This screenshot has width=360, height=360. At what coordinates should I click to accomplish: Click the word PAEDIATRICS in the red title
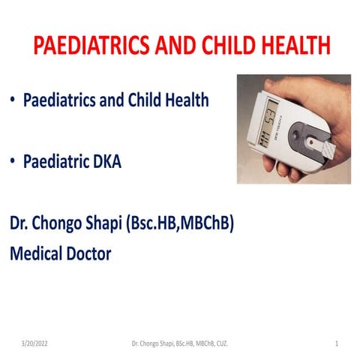click(x=84, y=46)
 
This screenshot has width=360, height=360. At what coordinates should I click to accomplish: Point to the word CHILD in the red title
click(x=223, y=46)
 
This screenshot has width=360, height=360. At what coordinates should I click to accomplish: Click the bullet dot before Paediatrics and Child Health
click(x=13, y=100)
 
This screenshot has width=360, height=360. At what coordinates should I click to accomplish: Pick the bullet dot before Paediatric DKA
click(x=13, y=160)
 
